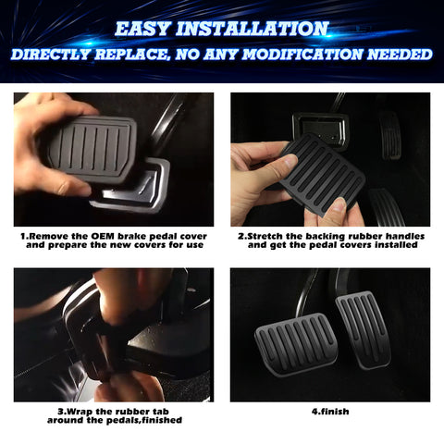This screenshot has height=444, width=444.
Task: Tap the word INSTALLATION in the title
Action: (x=256, y=29)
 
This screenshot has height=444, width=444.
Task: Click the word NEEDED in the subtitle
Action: (x=399, y=55)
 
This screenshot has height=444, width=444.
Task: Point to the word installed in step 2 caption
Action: (x=391, y=246)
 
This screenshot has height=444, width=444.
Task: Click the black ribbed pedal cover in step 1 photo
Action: (x=89, y=146)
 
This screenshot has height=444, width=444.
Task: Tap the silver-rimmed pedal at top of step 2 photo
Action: (x=319, y=129)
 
